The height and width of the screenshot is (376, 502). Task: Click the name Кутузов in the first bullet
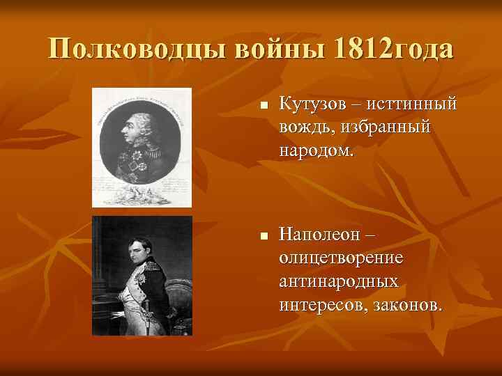(x=314, y=104)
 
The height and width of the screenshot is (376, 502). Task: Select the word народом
(x=315, y=150)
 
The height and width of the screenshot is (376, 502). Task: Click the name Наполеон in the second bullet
(x=321, y=235)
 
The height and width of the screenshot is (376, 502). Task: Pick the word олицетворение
(x=341, y=258)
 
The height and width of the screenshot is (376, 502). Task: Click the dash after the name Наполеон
(x=373, y=235)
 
